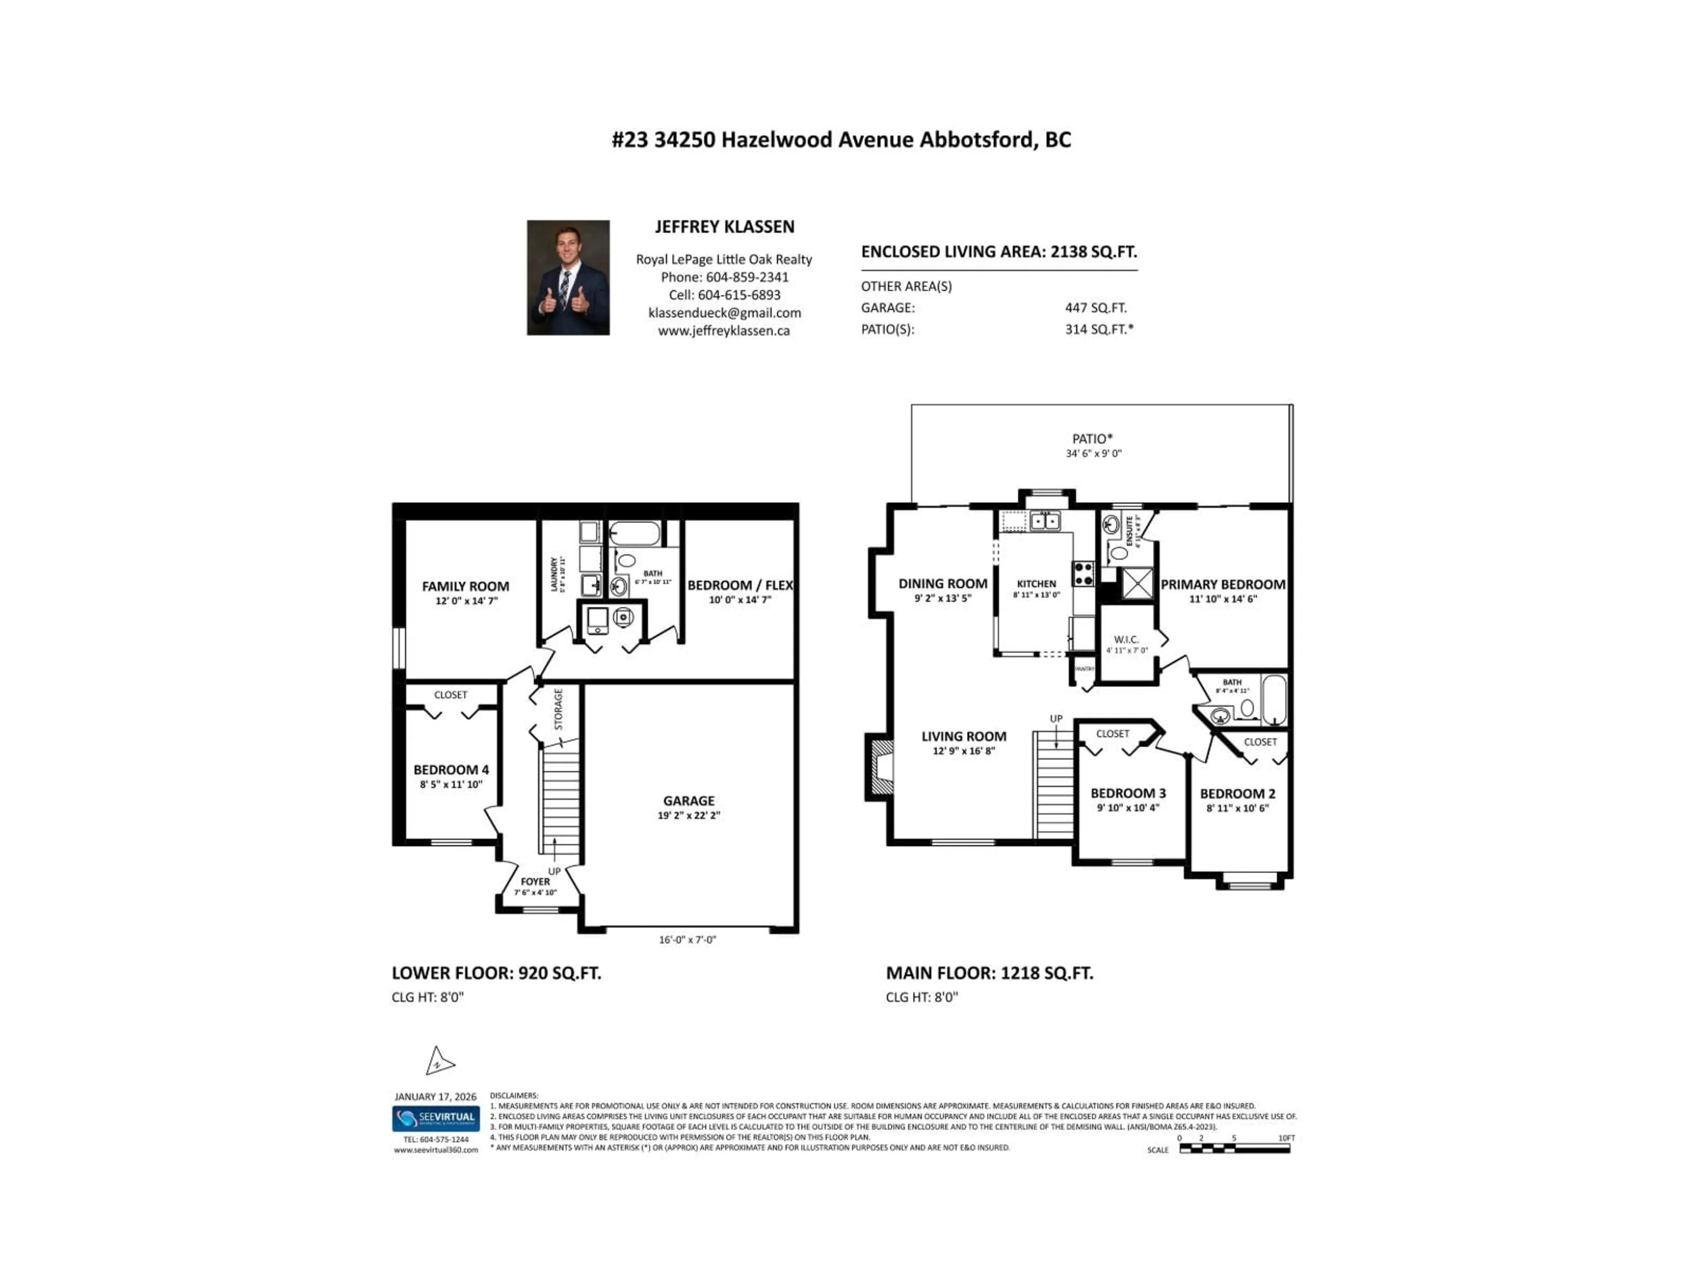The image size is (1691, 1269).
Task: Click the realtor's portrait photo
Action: click(568, 278)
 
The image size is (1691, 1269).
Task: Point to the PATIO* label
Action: click(1093, 439)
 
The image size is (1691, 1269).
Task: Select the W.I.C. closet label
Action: click(1126, 639)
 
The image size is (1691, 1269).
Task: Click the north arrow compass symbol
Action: click(439, 1062)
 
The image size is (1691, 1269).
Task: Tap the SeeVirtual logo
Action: click(436, 1118)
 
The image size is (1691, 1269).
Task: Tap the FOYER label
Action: click(535, 881)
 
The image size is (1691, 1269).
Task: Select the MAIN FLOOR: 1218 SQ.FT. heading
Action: click(989, 973)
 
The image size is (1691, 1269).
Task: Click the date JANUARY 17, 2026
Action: click(435, 1097)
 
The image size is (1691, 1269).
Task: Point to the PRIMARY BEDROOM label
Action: click(1222, 584)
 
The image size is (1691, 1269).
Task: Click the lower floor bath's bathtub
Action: click(635, 533)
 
